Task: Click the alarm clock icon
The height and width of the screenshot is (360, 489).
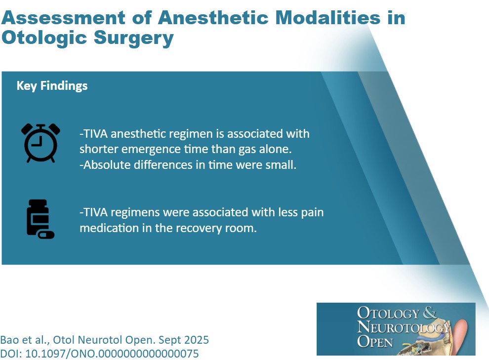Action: pos(41,143)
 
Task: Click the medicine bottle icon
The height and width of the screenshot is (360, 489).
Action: pos(40,219)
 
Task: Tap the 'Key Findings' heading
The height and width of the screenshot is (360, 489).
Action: pos(52,85)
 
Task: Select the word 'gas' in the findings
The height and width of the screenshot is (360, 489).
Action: pos(245,150)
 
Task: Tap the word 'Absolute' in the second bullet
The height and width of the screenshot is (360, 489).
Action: pos(105,165)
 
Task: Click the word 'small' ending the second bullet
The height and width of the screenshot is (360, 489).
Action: pos(282,165)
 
